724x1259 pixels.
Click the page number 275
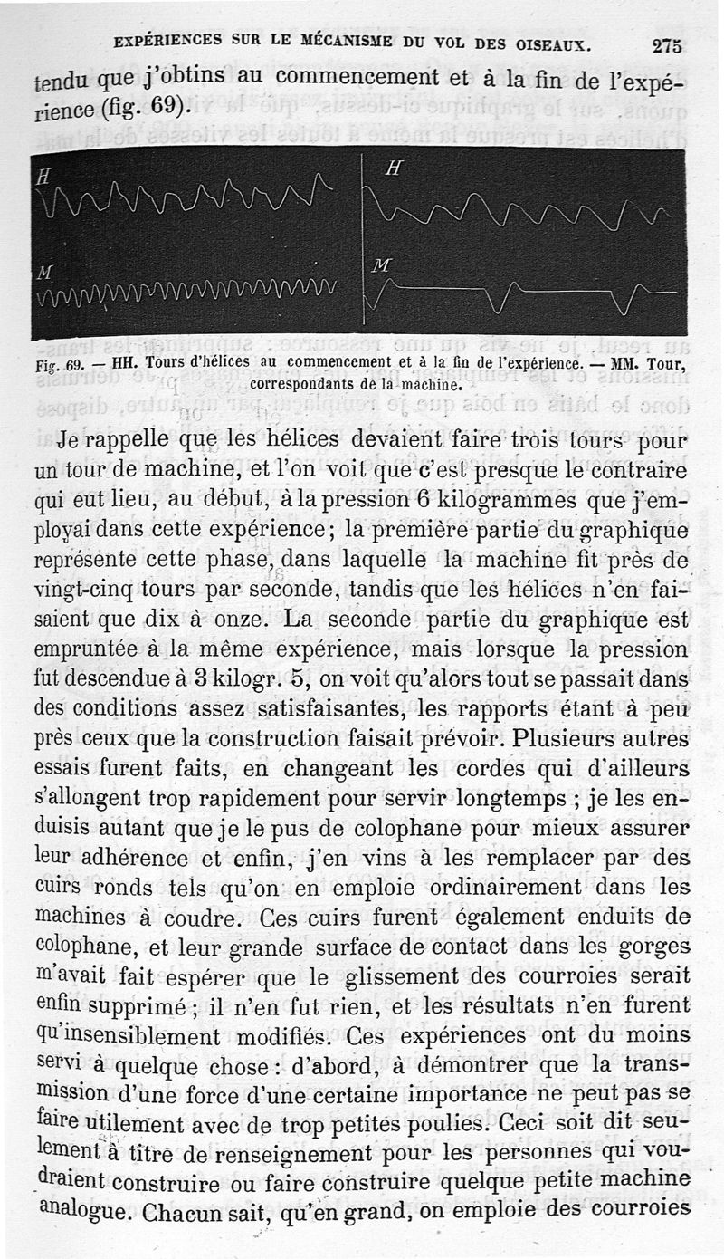(665, 45)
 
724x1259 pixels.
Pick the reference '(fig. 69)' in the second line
(145, 107)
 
